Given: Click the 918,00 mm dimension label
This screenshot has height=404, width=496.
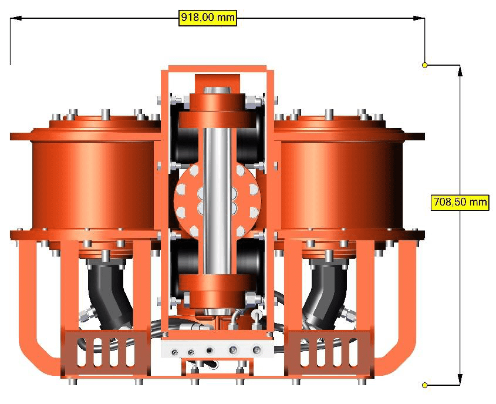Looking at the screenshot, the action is [208, 18].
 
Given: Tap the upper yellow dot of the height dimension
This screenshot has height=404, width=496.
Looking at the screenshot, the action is [425, 65].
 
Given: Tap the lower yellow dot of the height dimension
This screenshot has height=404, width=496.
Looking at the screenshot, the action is [425, 385].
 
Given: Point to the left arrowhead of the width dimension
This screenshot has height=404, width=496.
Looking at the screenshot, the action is [16, 18].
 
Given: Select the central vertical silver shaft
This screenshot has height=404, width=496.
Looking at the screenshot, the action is [217, 200].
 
